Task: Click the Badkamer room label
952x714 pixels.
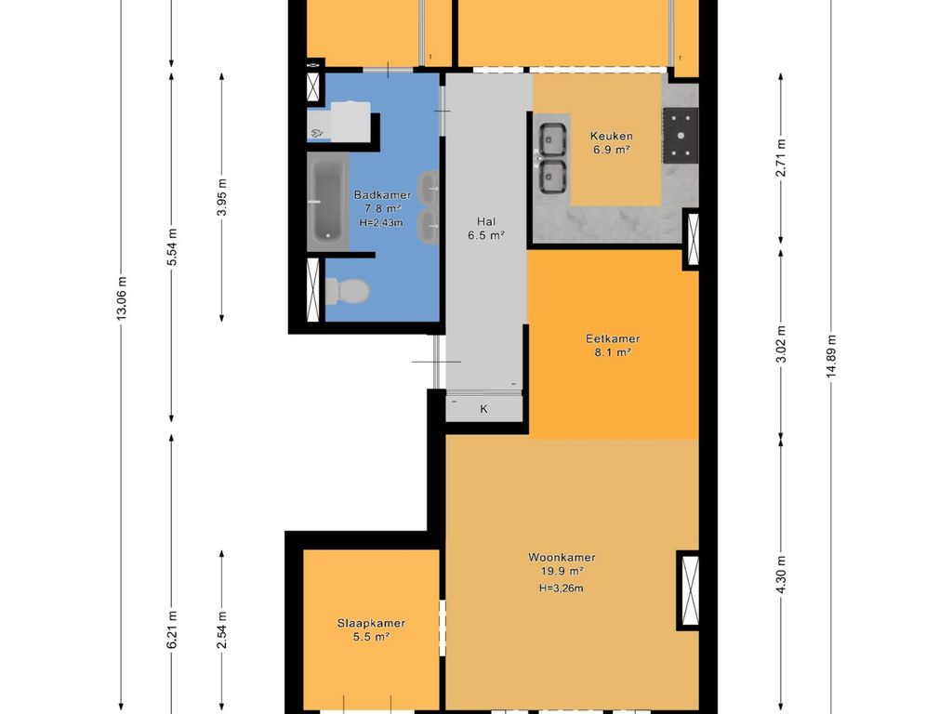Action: (382, 195)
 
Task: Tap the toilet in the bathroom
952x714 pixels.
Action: (348, 291)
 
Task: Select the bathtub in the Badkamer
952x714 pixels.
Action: (328, 202)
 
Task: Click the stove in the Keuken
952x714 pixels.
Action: (681, 136)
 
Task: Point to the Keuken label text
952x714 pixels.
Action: (612, 136)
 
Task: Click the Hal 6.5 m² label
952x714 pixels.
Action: (485, 229)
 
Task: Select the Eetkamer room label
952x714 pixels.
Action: (613, 338)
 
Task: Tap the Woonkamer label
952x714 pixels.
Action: (562, 558)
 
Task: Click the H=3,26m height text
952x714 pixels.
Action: (562, 588)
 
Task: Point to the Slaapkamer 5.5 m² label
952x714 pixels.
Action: (371, 629)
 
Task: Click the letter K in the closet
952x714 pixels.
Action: (483, 409)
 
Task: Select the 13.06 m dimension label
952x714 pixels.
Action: (122, 297)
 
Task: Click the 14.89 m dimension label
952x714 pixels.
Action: (831, 356)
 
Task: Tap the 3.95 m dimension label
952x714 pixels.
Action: (222, 197)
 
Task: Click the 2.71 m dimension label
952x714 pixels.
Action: (781, 158)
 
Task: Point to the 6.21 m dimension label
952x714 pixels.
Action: (172, 629)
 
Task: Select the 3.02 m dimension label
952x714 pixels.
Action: (781, 344)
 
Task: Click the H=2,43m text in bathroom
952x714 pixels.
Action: (381, 223)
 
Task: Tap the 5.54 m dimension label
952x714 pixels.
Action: (172, 246)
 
